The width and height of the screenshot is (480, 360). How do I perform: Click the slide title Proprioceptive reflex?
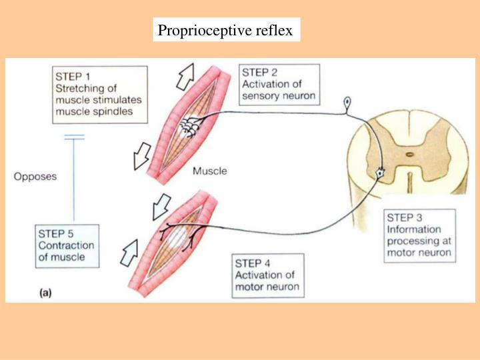click(x=225, y=31)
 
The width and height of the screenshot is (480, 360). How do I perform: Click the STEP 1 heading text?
click(x=73, y=75)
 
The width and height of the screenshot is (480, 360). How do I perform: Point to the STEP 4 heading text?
click(x=254, y=263)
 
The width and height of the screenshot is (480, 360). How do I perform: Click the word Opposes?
click(x=35, y=177)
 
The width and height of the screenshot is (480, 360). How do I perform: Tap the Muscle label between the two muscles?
click(x=209, y=171)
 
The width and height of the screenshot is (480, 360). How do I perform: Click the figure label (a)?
click(x=43, y=291)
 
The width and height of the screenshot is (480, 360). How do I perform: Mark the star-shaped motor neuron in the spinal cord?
click(x=380, y=173)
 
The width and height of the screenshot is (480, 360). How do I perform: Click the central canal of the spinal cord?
click(x=408, y=155)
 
